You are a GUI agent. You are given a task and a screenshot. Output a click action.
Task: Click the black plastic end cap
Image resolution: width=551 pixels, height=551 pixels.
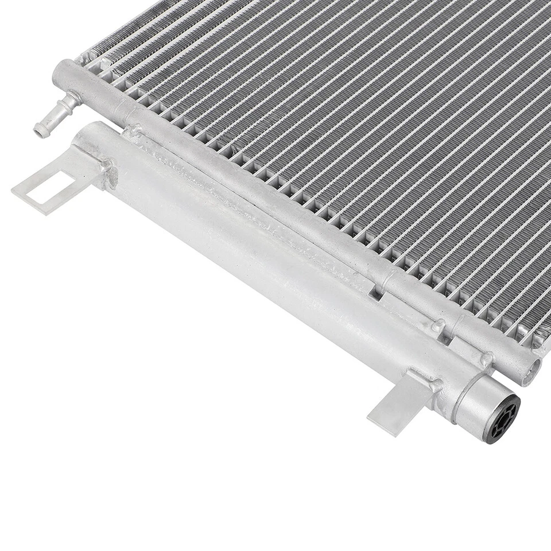tap(500, 418)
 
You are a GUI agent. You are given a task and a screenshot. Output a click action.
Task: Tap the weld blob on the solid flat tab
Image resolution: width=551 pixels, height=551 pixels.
tap(429, 383)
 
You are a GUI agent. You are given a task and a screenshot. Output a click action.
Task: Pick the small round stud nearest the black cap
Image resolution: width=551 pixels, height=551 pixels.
tap(487, 359)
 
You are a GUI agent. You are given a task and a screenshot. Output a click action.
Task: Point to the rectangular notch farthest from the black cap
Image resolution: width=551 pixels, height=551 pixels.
tap(374, 293)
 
